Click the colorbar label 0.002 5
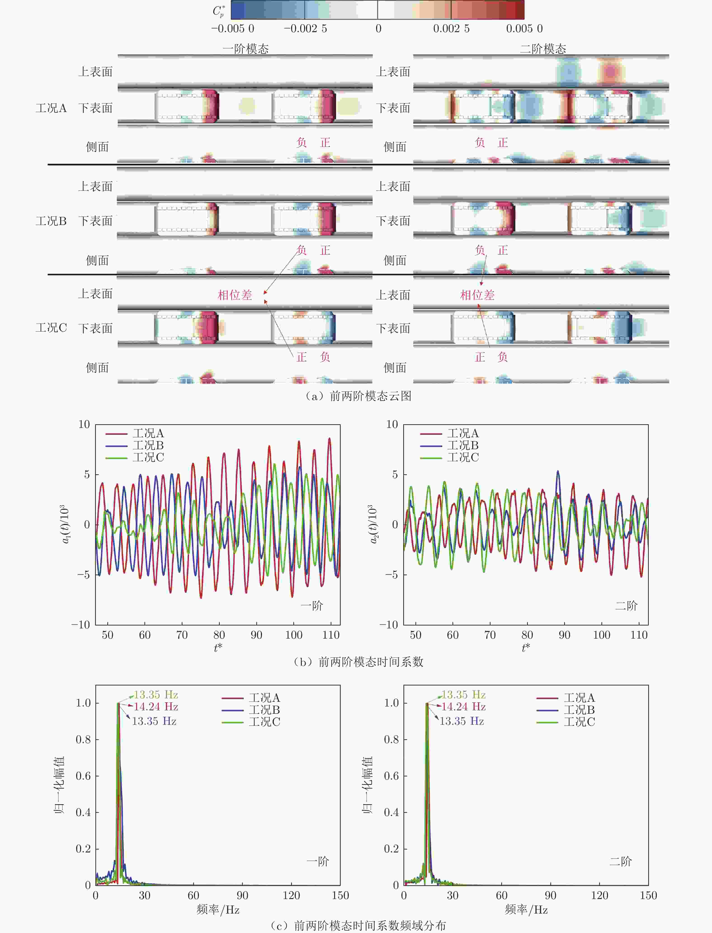[x=451, y=29]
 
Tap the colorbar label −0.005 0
[x=233, y=29]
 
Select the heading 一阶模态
[x=246, y=49]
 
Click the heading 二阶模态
[x=543, y=49]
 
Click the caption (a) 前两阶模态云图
[x=358, y=396]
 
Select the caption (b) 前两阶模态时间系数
[x=358, y=662]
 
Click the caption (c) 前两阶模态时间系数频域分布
[x=358, y=925]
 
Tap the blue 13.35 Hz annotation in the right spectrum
[x=462, y=721]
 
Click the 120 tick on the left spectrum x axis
[x=291, y=895]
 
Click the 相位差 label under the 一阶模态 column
[x=235, y=295]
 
